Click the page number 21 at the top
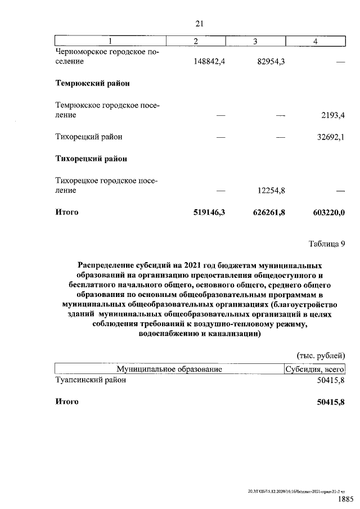click(199, 23)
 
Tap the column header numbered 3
click(255, 41)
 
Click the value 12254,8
click(269, 191)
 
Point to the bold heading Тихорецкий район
click(91, 159)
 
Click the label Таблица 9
click(326, 244)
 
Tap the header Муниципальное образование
click(169, 369)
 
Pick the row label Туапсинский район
click(91, 380)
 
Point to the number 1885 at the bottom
click(345, 499)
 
